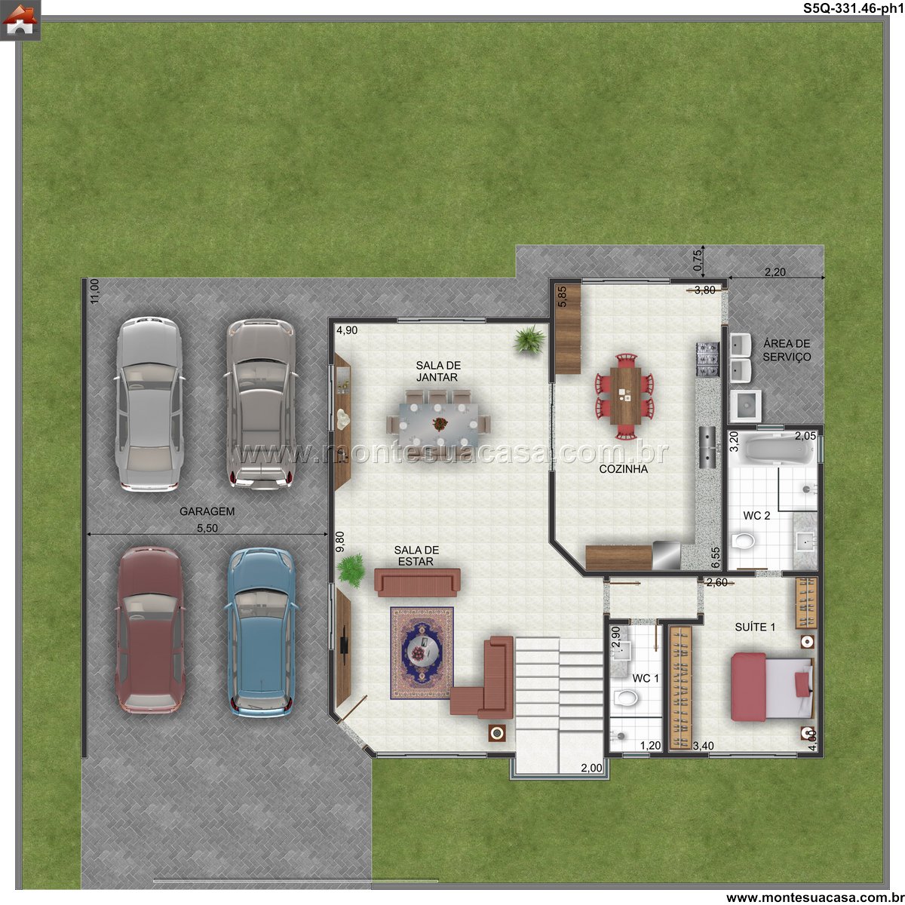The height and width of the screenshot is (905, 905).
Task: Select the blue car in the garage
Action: (x=261, y=632)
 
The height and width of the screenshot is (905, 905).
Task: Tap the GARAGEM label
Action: (x=207, y=511)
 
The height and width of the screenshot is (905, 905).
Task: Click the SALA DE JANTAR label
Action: (x=437, y=371)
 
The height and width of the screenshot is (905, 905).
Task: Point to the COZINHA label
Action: (x=623, y=468)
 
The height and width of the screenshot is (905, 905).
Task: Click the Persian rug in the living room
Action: (x=422, y=653)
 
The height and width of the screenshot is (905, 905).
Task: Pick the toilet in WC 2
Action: (x=744, y=541)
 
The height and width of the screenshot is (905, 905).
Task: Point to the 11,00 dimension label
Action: (x=94, y=291)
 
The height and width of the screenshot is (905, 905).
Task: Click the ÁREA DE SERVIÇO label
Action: (x=787, y=351)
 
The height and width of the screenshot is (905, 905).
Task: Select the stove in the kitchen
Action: (x=707, y=359)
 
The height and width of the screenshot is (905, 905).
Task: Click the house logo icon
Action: (x=20, y=20)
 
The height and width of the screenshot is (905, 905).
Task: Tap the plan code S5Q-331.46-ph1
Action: (x=853, y=8)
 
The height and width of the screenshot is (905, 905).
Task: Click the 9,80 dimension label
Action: (x=340, y=541)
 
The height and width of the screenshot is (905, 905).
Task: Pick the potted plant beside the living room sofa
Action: (x=351, y=570)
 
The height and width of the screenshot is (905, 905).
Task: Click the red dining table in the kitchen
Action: (x=624, y=397)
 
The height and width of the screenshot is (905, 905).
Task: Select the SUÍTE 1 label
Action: (x=755, y=627)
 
